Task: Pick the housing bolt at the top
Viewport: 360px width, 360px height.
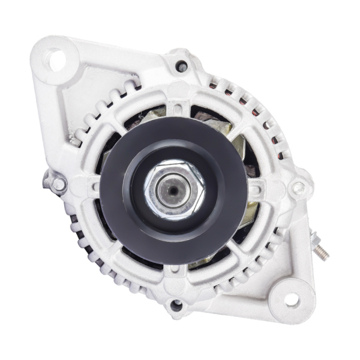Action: [x=182, y=67]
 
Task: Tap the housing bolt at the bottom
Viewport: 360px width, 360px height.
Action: [x=176, y=305]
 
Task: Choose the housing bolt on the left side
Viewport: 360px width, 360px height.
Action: [x=58, y=184]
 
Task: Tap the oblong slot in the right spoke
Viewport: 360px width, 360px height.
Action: [x=254, y=191]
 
